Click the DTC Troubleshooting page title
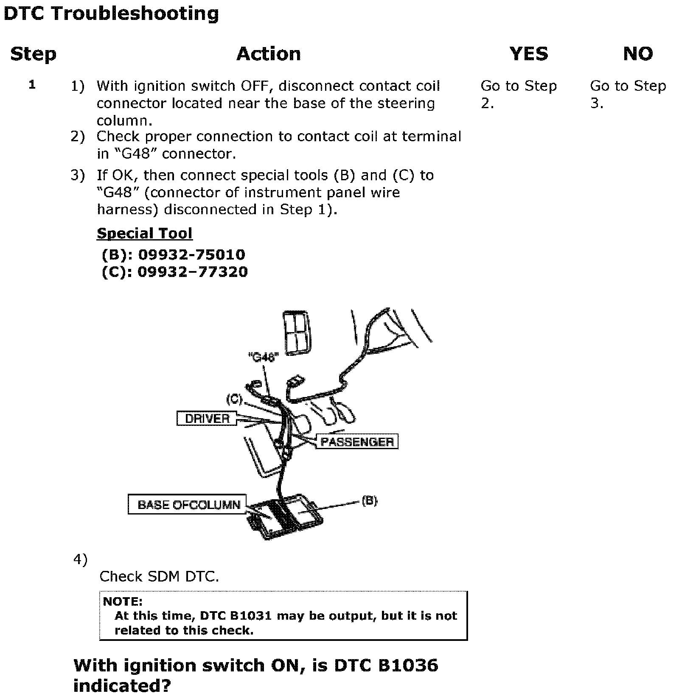[111, 14]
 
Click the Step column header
[33, 54]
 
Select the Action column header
[268, 54]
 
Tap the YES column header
[528, 54]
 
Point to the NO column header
[638, 54]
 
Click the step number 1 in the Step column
[32, 85]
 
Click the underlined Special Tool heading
[144, 234]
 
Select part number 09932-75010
[192, 255]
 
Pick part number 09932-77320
[192, 272]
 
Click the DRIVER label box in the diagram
[207, 419]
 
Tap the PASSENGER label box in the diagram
[357, 442]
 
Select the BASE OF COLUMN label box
[188, 505]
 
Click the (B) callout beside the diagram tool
[369, 501]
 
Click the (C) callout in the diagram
[234, 399]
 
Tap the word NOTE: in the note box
[123, 601]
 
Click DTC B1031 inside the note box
[236, 616]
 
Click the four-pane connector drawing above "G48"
[296, 333]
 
